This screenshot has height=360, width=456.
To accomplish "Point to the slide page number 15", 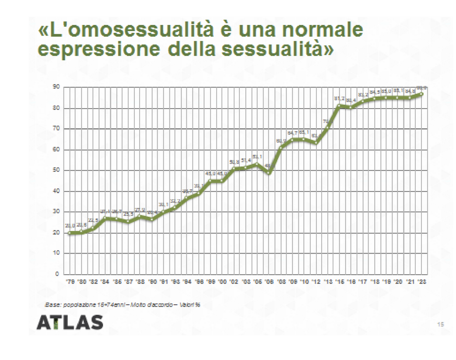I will (x=440, y=324).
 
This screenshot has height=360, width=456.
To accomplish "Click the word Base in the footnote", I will (x=52, y=304).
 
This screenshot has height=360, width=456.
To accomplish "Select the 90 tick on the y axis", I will (x=56, y=87).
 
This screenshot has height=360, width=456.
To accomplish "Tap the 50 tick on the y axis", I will (x=56, y=170).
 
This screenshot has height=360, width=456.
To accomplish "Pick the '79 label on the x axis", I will (x=70, y=283).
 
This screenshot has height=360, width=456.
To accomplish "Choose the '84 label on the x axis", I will (x=105, y=283).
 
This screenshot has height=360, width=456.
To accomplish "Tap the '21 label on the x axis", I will (x=410, y=283).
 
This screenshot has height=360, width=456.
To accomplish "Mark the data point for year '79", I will (x=70, y=233).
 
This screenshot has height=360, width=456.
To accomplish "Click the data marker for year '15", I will (x=339, y=106).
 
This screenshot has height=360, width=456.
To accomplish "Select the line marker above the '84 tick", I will (x=105, y=218).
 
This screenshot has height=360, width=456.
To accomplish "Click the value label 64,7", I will (x=292, y=133).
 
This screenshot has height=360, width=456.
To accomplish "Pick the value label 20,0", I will (x=70, y=226).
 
